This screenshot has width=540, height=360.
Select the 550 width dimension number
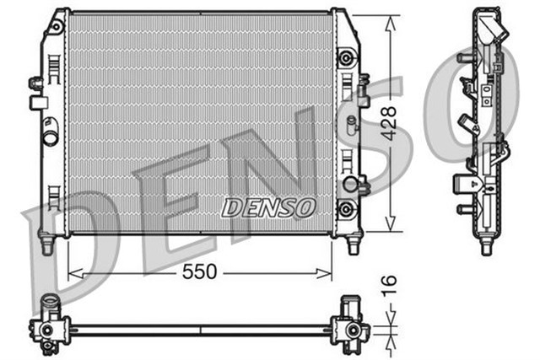tap(197, 271)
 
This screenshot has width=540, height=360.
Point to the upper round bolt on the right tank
tap(344, 58)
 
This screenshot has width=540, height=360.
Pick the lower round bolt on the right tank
tap(344, 207)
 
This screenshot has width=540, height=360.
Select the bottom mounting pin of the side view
tap(487, 247)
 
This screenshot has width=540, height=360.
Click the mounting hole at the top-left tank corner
tap(57, 28)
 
